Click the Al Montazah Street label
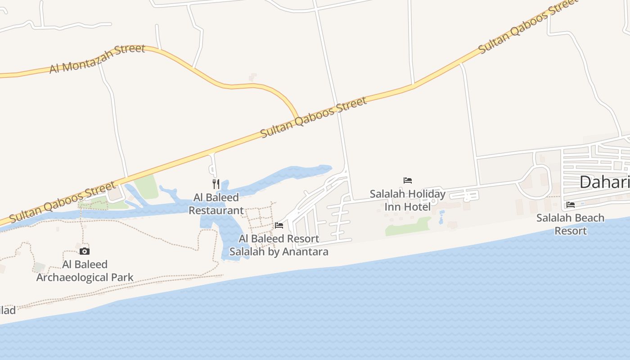[x=97, y=58]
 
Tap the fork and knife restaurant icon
[x=216, y=184]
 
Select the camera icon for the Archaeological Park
[x=85, y=251]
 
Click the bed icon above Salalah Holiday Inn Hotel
[x=408, y=180]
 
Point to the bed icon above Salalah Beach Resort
[x=571, y=204]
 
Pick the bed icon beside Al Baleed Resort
[x=279, y=225]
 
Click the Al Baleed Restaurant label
[x=216, y=204]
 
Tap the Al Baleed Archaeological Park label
[x=85, y=271]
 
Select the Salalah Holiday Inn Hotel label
[x=408, y=200]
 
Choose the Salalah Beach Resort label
[x=571, y=224]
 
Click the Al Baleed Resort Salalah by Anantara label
[x=279, y=245]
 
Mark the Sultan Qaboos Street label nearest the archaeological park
[x=62, y=202]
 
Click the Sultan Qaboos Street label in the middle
[x=314, y=117]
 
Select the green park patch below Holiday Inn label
[x=408, y=226]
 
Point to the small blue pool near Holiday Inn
[x=441, y=218]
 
